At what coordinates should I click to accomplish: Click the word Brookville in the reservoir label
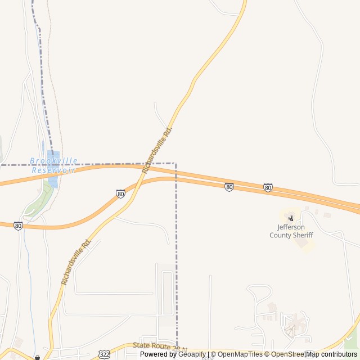[54, 161]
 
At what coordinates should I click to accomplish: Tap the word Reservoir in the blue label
[53, 170]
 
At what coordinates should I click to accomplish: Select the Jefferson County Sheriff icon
[291, 218]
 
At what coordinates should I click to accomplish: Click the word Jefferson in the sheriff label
[291, 227]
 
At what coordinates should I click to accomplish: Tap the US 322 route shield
[105, 354]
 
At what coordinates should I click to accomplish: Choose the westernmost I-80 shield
[19, 226]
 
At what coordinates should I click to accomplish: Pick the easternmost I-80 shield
[268, 187]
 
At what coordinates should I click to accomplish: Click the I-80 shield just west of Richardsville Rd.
[121, 193]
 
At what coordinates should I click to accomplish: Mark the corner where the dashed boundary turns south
[176, 164]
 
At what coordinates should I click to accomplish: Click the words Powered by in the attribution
[158, 354]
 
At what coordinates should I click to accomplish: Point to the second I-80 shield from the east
[229, 187]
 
